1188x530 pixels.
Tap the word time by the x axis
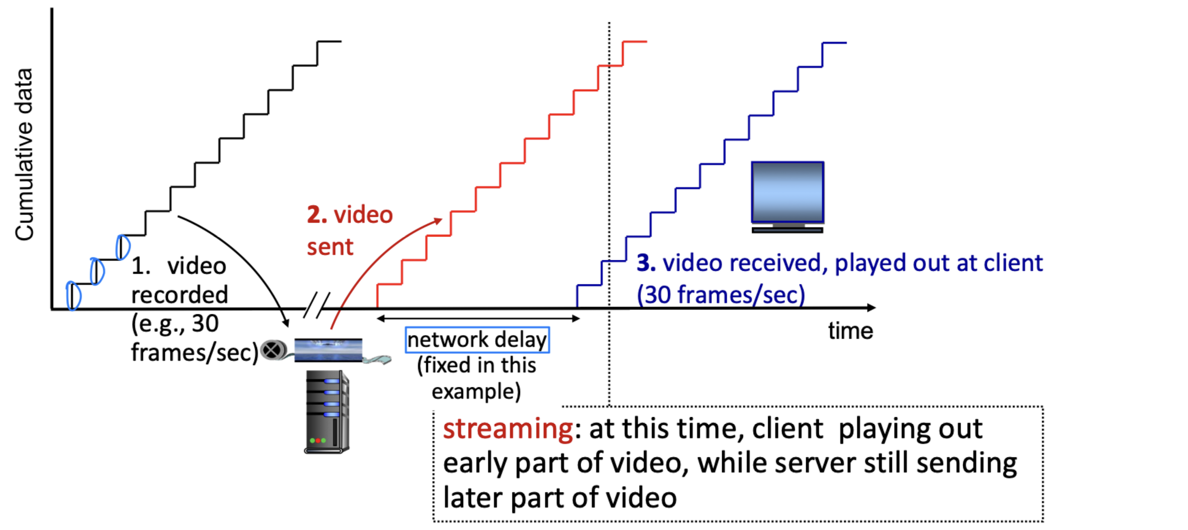pyautogui.click(x=850, y=331)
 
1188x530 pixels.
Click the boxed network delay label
pyautogui.click(x=477, y=340)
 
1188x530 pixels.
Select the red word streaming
pyautogui.click(x=508, y=429)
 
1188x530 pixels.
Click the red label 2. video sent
pyautogui.click(x=349, y=230)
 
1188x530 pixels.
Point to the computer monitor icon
pyautogui.click(x=787, y=197)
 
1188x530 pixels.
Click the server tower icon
pyautogui.click(x=327, y=411)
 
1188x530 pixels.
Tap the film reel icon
pyautogui.click(x=273, y=350)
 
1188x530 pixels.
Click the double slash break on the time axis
pyautogui.click(x=316, y=305)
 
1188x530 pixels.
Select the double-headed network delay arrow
pyautogui.click(x=478, y=319)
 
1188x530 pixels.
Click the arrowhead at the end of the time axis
pyautogui.click(x=871, y=308)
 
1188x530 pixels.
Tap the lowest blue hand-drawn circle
pyautogui.click(x=73, y=296)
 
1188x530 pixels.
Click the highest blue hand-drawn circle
pyautogui.click(x=123, y=247)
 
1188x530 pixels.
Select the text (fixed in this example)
pyautogui.click(x=476, y=378)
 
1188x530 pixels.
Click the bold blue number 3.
pyautogui.click(x=646, y=263)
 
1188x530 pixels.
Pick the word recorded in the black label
pyautogui.click(x=179, y=295)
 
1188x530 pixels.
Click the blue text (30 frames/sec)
pyautogui.click(x=721, y=295)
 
